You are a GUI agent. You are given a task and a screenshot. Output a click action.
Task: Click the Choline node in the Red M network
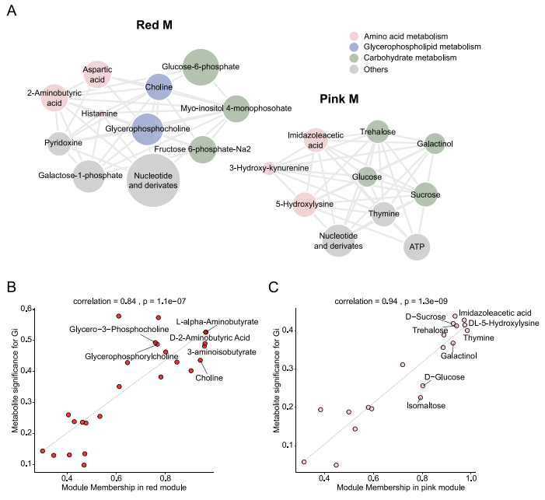(159, 87)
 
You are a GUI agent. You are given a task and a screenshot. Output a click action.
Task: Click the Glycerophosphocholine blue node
(147, 128)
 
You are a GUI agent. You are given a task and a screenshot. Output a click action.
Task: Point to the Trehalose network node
(377, 133)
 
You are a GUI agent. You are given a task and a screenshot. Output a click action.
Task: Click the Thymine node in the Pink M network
(384, 213)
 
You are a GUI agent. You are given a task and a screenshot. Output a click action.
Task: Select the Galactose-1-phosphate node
(89, 174)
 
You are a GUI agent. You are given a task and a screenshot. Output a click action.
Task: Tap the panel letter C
(273, 287)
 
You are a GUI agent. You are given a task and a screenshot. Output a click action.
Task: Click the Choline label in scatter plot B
(208, 378)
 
